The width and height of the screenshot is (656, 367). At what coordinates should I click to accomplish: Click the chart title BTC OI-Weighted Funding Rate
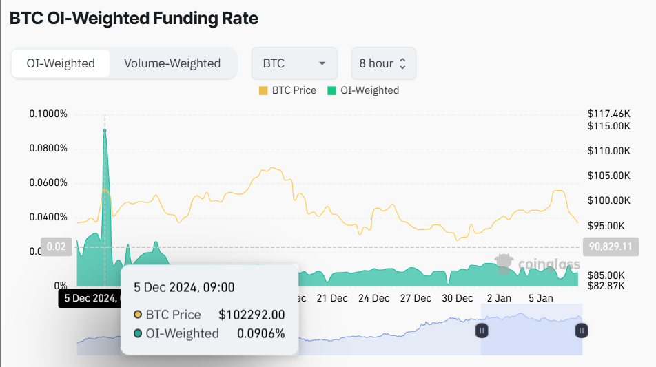(134, 19)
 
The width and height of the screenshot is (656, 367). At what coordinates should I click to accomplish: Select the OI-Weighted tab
(61, 63)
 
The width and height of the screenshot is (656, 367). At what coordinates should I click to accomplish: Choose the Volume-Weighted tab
(172, 63)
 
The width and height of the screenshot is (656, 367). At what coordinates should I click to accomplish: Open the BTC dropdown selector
(294, 63)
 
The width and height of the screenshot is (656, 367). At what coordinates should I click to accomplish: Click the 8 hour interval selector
(383, 63)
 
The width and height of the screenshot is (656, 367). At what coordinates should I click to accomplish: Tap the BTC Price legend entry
(288, 90)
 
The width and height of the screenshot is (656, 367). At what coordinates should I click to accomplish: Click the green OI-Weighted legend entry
(363, 90)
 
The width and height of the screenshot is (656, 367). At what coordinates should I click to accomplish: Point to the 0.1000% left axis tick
(48, 114)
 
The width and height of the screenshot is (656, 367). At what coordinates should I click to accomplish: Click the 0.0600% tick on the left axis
(48, 182)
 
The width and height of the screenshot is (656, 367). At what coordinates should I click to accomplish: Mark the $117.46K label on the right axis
(609, 113)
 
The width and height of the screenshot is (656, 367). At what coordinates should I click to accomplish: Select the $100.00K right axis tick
(609, 200)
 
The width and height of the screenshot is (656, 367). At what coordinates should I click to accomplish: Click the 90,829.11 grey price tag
(611, 247)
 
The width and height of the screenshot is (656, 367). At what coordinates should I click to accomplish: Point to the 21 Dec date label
(332, 298)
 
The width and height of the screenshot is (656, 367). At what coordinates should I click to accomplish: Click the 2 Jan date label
(499, 298)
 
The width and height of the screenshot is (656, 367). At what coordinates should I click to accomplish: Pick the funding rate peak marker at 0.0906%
(105, 130)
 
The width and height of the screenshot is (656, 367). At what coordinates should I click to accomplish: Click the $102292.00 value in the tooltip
(252, 315)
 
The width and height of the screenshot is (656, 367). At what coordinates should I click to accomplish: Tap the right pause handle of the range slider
(582, 331)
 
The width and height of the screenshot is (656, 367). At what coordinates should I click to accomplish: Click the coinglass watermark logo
(537, 264)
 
